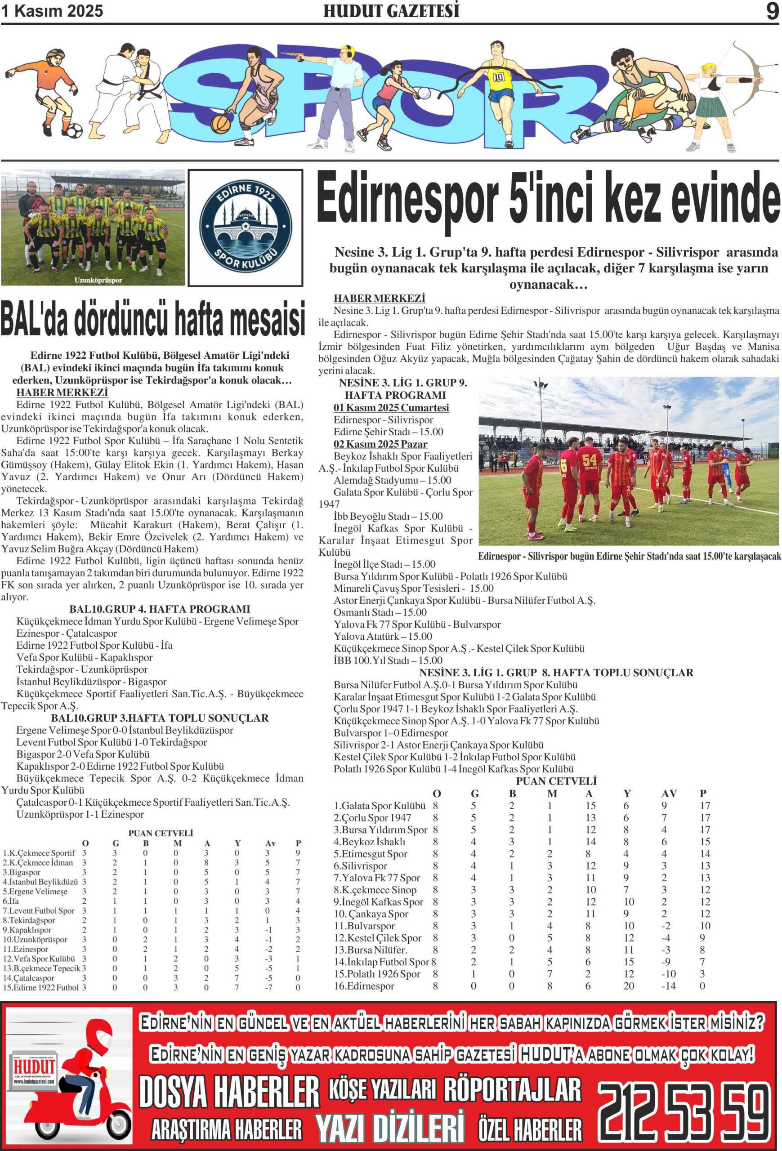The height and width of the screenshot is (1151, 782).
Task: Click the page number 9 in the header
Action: tap(772, 11)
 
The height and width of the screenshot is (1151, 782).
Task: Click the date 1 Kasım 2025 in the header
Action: tap(52, 11)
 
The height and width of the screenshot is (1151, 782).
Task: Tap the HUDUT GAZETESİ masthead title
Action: tap(391, 11)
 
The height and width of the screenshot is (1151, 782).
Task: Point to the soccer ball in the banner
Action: tap(74, 130)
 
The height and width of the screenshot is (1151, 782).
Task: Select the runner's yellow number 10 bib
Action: tap(498, 77)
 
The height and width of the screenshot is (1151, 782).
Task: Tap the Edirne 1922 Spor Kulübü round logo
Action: tap(245, 228)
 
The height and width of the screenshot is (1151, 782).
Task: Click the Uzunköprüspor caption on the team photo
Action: tap(98, 280)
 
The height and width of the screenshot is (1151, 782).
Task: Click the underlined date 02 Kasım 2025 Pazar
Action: tap(380, 444)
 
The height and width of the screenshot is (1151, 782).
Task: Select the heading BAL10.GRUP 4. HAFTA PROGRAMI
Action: tap(160, 609)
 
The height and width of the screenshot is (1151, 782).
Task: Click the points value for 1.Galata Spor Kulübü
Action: tap(705, 806)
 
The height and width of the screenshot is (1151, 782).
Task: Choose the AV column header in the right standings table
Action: tap(669, 794)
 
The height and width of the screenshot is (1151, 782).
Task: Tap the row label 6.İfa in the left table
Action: tap(10, 901)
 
